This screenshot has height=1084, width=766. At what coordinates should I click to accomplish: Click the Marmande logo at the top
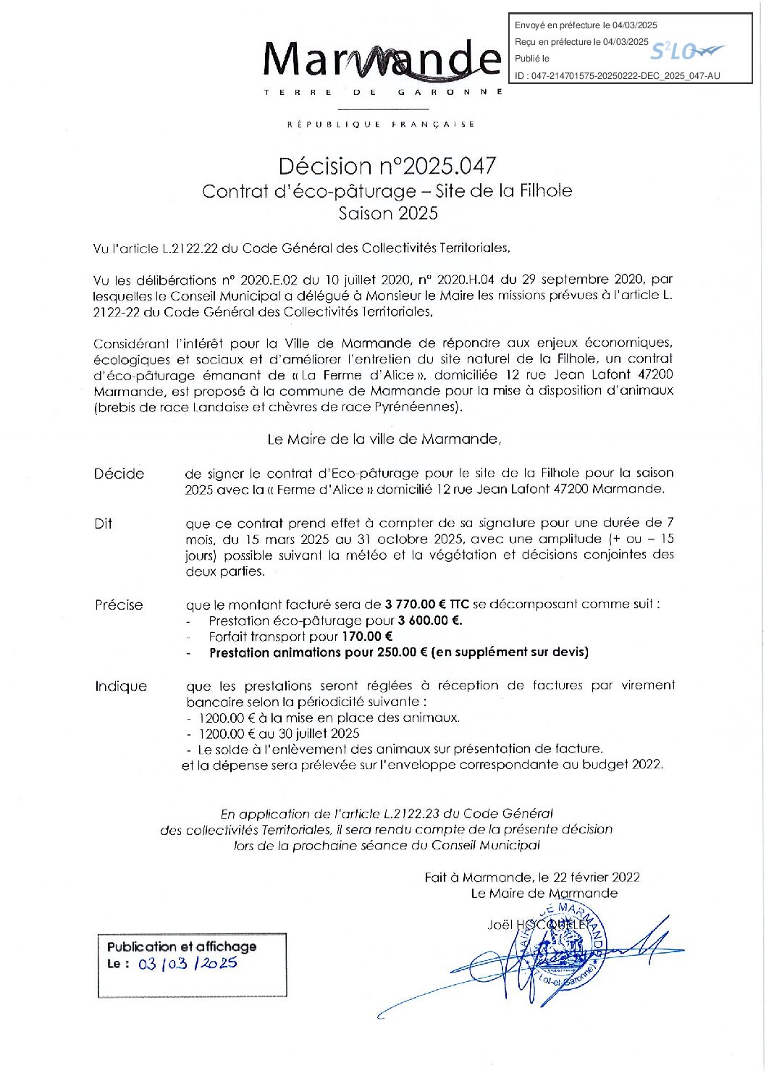[382, 62]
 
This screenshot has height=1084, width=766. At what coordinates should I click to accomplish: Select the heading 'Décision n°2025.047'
[387, 166]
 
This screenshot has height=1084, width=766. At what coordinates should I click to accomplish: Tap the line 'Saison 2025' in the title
[388, 213]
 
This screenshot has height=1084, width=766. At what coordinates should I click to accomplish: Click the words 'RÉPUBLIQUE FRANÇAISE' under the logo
[381, 125]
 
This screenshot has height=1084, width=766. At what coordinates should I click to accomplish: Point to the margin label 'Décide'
[119, 474]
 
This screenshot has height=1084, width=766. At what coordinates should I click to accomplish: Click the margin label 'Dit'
[103, 524]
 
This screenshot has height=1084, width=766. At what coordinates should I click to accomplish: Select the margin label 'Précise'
[119, 605]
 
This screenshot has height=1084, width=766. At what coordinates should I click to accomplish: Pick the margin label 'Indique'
[120, 686]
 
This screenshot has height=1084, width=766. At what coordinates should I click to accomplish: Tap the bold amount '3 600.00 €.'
[430, 621]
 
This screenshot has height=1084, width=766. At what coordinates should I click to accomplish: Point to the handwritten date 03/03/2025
[188, 964]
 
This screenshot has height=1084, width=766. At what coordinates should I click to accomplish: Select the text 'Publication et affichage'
[182, 946]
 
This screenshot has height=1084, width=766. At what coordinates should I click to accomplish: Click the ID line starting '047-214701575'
[618, 75]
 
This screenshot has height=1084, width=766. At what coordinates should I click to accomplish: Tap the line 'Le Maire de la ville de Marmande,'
[384, 439]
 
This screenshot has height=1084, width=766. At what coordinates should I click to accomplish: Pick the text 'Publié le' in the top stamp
[532, 59]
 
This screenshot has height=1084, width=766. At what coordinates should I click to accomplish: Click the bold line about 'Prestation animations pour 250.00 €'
[398, 652]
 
